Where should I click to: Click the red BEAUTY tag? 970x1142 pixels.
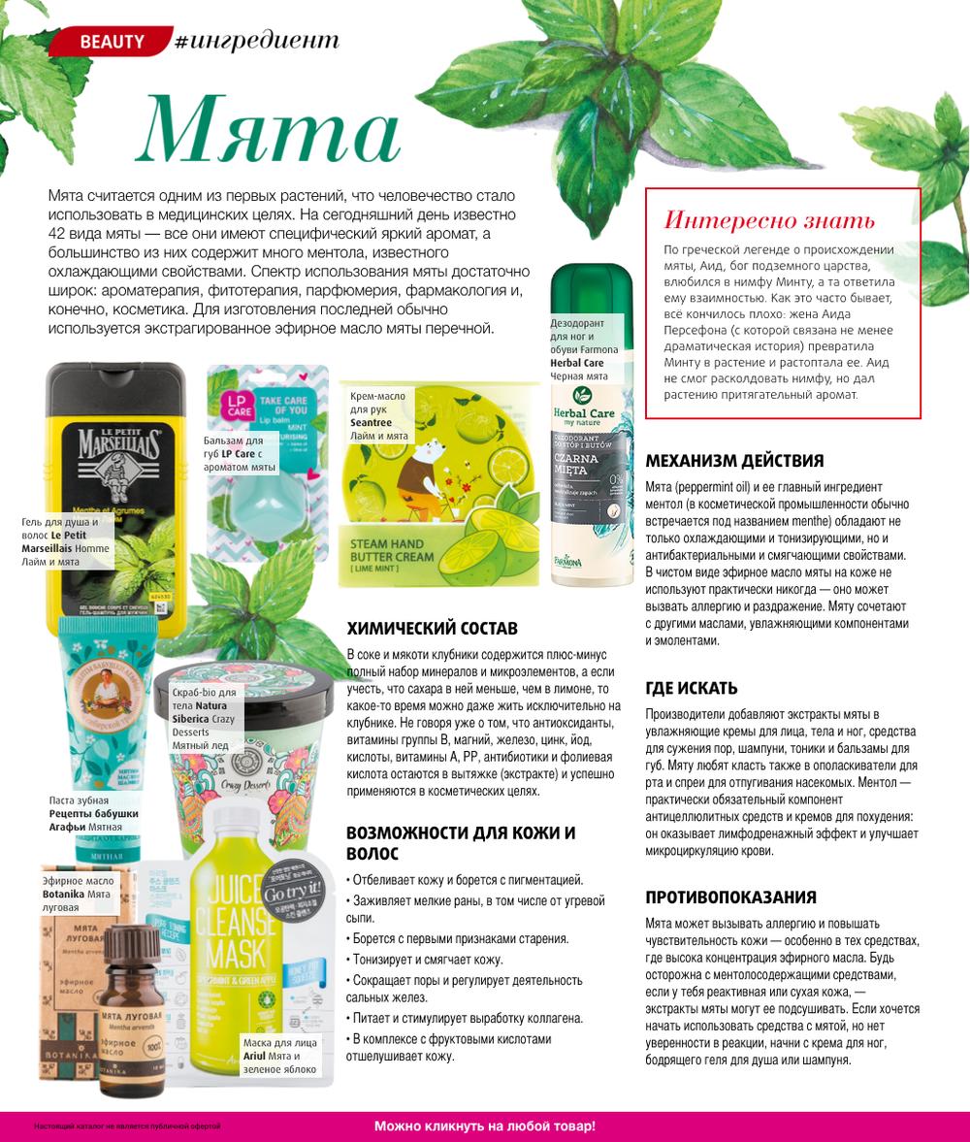[111, 42]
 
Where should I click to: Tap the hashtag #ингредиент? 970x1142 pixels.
[257, 41]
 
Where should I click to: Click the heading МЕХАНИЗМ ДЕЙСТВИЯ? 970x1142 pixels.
[733, 461]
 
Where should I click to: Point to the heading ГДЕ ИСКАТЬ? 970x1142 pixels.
[691, 688]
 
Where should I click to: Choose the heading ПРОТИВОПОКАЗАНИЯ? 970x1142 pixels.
[730, 897]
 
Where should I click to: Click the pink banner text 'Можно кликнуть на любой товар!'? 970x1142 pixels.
[485, 1126]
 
